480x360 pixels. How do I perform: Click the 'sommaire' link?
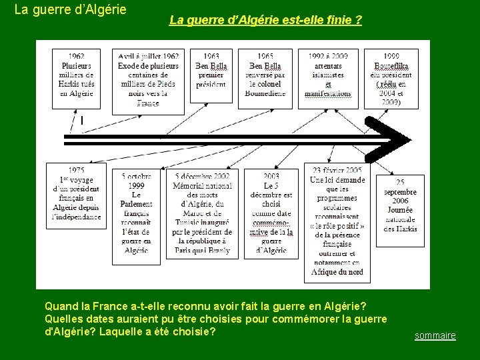pos(435,335)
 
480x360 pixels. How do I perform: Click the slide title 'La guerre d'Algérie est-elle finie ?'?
pos(265,21)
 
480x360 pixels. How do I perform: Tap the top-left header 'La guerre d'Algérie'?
pos(71,11)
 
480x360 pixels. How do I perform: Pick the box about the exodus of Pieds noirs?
pos(148,79)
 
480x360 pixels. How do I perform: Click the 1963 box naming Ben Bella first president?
pos(211,75)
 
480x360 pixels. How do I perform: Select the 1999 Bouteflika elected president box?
pos(392,78)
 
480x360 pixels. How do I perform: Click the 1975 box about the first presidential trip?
pos(76,195)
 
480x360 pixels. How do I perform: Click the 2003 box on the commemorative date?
pos(271,213)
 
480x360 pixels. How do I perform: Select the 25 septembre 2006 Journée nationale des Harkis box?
pos(400,210)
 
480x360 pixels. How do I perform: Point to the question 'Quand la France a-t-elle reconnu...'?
pos(205,306)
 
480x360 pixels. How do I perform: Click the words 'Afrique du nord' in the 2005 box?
pos(338,272)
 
